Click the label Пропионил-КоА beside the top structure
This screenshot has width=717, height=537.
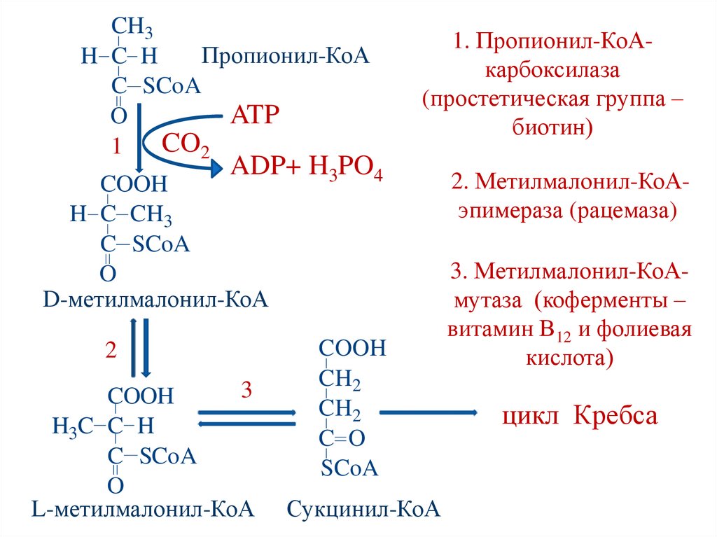285,55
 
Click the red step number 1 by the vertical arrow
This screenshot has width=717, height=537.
118,146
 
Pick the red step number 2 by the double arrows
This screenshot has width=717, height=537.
111,350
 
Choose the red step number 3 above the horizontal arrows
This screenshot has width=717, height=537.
246,390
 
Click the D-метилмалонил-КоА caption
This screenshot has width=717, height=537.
155,300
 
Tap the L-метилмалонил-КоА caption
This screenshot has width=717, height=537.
142,509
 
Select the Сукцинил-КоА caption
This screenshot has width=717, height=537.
363,509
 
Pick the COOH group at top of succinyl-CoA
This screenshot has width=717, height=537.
352,348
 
